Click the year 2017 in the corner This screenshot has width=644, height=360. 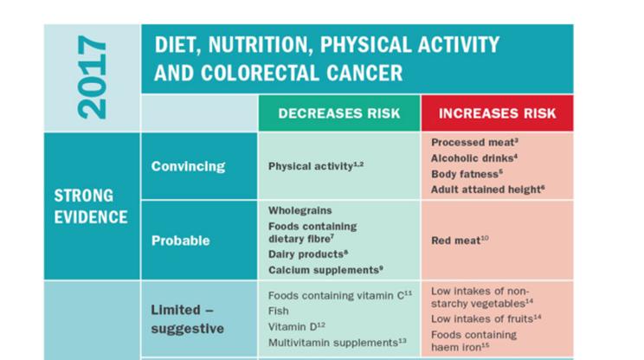click(x=92, y=78)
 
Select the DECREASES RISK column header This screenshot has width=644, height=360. click(x=338, y=113)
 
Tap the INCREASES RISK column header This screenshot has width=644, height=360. click(x=497, y=113)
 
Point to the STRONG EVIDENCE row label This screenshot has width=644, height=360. click(x=91, y=206)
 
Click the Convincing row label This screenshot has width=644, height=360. click(x=188, y=166)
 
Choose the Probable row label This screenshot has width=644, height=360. click(x=180, y=241)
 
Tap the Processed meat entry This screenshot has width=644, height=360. click(x=474, y=141)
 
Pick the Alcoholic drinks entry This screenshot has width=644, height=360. click(x=474, y=157)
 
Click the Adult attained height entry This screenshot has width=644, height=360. click(x=486, y=189)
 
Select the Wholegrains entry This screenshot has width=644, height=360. click(x=299, y=210)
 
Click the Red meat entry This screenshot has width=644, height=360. click(x=460, y=241)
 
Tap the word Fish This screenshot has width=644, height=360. click(x=278, y=311)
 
